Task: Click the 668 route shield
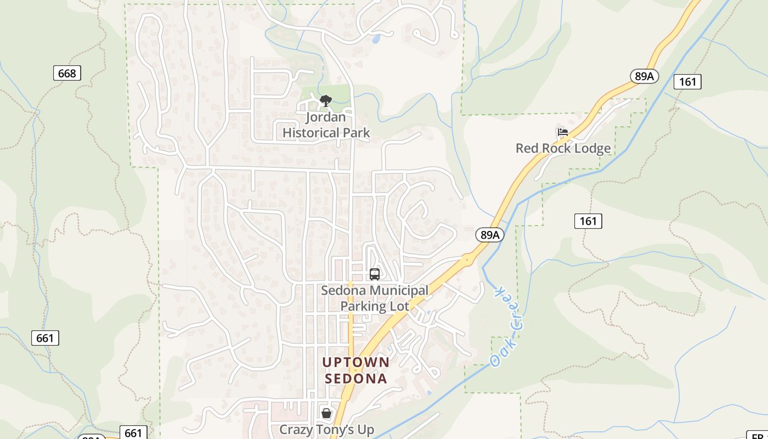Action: [x=67, y=73]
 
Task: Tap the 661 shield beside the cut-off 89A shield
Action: [x=133, y=432]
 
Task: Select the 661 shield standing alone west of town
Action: [x=45, y=338]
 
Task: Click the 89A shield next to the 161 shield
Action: [x=645, y=76]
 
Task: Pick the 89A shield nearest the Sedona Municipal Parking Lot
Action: [x=489, y=235]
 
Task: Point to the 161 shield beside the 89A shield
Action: [x=687, y=82]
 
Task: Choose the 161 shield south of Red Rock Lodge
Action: [x=588, y=221]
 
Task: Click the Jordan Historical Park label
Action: [x=326, y=125]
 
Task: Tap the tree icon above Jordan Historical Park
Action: [x=325, y=100]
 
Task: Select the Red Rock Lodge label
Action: [x=563, y=148]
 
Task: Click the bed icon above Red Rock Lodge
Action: [x=562, y=132]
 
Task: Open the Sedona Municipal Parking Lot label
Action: [x=375, y=298]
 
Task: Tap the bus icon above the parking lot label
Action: [x=375, y=274]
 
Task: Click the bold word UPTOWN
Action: [x=355, y=363]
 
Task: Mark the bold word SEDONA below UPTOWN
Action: [x=355, y=379]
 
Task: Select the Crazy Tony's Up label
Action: [x=326, y=429]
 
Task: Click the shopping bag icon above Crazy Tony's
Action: [x=326, y=413]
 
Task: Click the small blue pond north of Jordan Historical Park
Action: [x=376, y=39]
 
